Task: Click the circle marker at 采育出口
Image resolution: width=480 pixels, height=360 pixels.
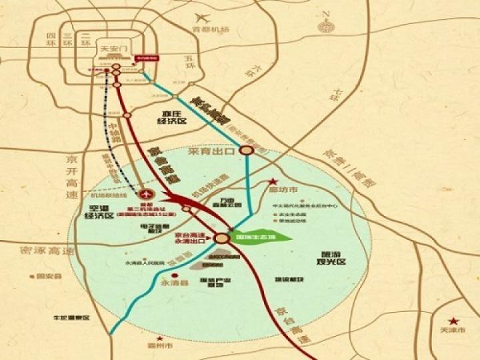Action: [247, 151]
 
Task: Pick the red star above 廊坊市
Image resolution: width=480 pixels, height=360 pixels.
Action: [272, 181]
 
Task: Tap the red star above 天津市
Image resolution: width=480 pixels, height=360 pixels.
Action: [453, 321]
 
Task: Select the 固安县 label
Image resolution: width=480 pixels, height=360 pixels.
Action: [50, 275]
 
